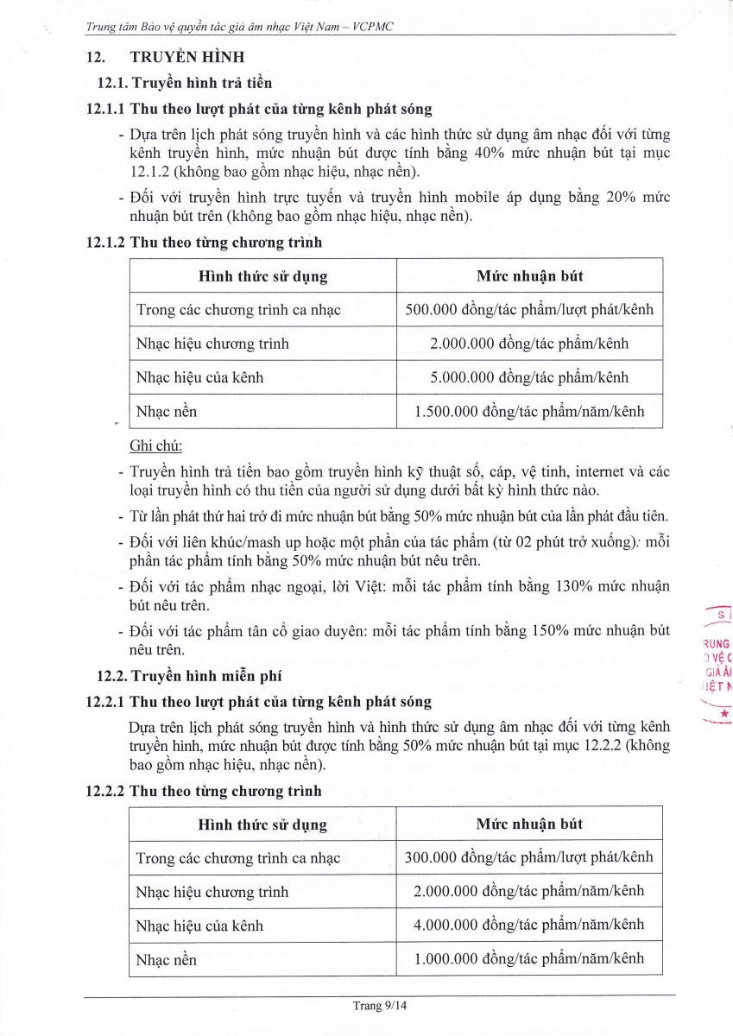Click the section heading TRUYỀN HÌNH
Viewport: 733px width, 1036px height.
(186, 57)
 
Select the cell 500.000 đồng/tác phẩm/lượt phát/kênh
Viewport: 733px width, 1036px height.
(529, 309)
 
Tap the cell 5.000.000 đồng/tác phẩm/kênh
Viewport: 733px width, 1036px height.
(529, 377)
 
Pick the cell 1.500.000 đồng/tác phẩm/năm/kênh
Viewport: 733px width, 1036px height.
(529, 412)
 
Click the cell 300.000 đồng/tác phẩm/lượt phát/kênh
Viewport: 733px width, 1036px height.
(529, 857)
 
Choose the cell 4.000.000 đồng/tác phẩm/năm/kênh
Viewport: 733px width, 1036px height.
(529, 925)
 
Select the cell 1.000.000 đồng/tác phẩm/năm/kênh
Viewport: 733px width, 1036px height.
(529, 958)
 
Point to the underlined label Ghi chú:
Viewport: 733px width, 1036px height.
(155, 446)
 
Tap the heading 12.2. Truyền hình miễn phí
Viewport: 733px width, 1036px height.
(188, 676)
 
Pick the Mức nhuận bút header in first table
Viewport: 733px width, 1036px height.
(529, 276)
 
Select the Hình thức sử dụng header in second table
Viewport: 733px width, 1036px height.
(262, 824)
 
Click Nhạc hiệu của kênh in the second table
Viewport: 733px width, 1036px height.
(199, 925)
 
